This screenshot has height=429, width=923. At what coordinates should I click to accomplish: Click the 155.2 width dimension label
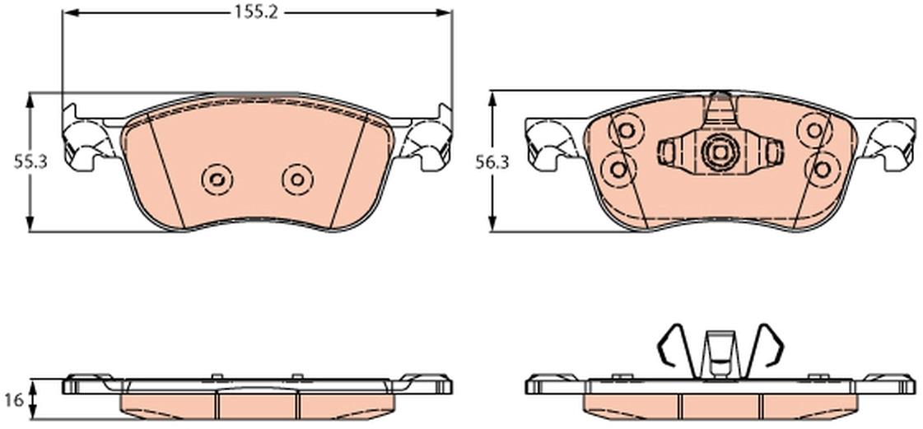click(256, 13)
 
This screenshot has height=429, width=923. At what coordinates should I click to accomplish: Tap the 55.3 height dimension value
click(30, 162)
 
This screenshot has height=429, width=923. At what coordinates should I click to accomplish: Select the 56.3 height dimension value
click(492, 162)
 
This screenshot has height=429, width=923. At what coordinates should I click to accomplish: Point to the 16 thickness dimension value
click(17, 400)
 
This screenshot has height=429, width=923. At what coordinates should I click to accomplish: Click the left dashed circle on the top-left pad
click(217, 179)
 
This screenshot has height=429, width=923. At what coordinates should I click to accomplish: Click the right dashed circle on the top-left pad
click(297, 179)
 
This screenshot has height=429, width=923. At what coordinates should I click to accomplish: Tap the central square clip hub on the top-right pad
click(720, 152)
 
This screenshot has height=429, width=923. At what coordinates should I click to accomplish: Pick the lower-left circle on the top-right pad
click(618, 170)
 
